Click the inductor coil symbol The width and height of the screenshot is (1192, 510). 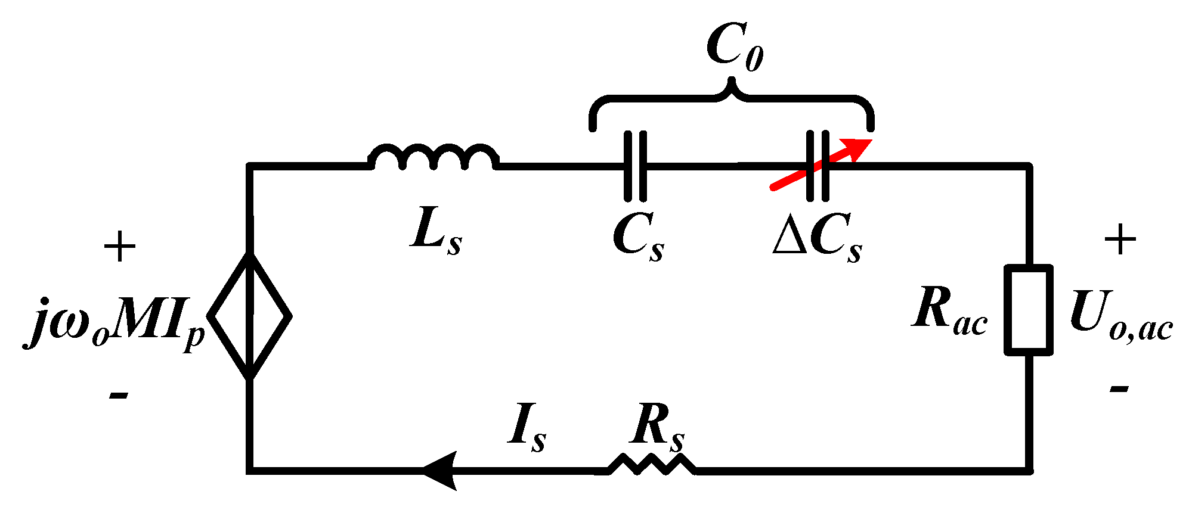[x=434, y=158]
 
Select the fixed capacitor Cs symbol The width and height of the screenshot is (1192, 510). [x=635, y=166]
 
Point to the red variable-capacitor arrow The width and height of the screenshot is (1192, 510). [x=823, y=164]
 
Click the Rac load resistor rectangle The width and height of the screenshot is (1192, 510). [x=1028, y=310]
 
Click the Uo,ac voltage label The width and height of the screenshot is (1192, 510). [x=1121, y=318]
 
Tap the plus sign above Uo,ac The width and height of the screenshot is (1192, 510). [x=1120, y=240]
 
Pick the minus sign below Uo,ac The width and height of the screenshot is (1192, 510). [x=1119, y=389]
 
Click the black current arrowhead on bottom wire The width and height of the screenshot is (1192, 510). [x=441, y=470]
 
